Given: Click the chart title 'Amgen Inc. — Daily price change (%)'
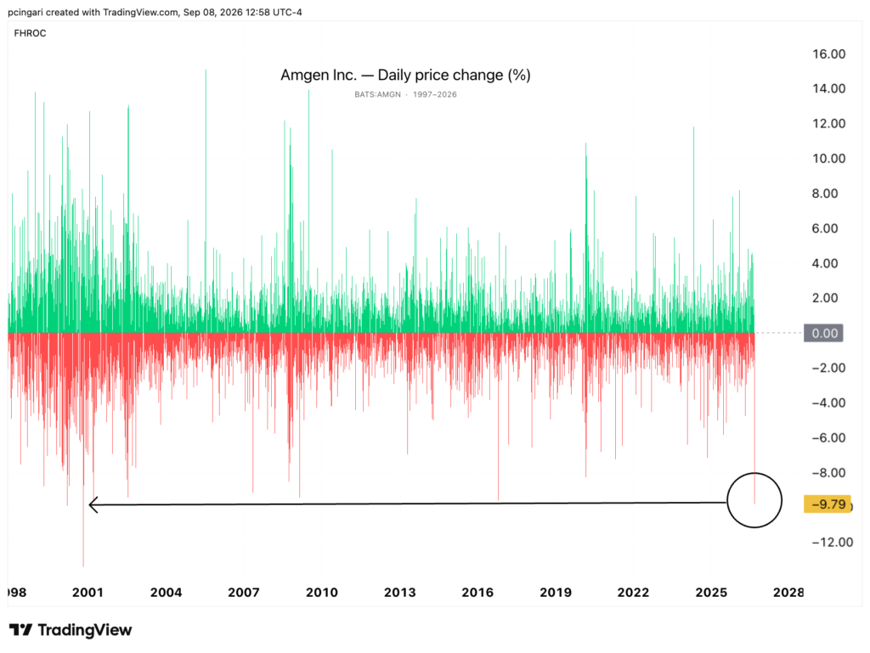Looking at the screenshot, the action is [405, 75].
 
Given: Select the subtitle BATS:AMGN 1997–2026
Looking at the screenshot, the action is [405, 94].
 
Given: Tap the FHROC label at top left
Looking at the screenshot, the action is [30, 33].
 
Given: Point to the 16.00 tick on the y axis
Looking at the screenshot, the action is [829, 53].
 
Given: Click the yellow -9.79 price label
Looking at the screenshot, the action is [828, 504].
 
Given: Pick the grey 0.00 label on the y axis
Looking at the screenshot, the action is [824, 333].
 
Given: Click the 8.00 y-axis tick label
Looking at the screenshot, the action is [825, 194].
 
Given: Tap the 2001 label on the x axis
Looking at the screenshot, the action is [88, 593].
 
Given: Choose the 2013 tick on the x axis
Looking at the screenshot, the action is [399, 593].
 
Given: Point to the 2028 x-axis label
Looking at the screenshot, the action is [788, 593].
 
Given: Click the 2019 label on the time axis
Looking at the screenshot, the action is [556, 593].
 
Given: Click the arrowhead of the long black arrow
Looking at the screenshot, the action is [89, 504].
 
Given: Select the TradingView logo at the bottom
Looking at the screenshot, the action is [71, 630].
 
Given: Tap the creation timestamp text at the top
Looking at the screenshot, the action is [155, 12].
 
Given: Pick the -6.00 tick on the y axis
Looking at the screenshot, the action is [828, 438].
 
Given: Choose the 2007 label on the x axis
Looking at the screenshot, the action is [244, 593].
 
